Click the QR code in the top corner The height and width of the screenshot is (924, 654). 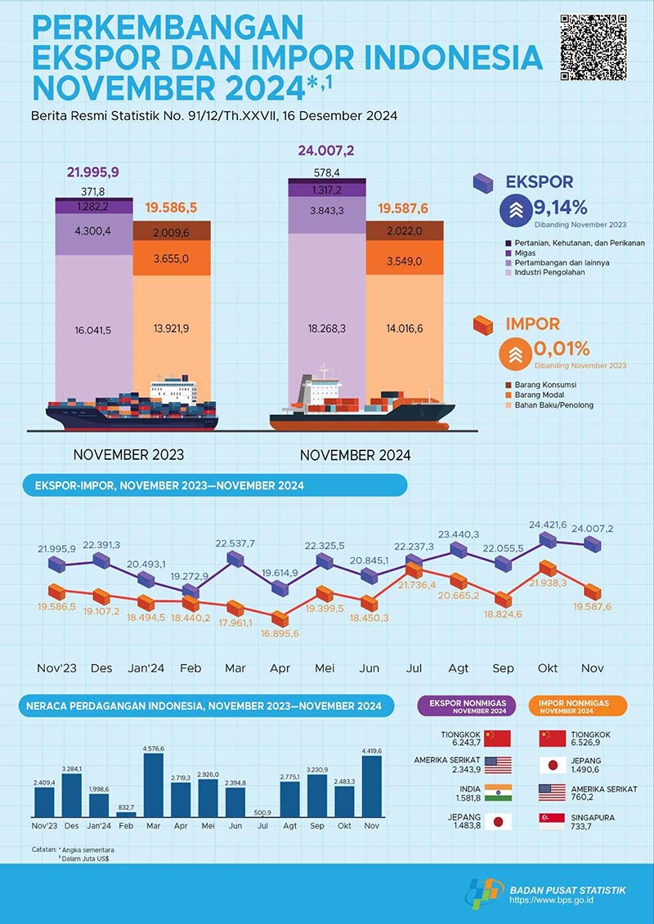pos(594,47)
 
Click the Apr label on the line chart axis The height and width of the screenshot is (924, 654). pos(280,668)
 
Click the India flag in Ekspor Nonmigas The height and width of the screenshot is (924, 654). pos(496,793)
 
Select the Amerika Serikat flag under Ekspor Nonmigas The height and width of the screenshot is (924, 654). pos(496,765)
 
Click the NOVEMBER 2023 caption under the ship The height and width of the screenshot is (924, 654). pos(128,455)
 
